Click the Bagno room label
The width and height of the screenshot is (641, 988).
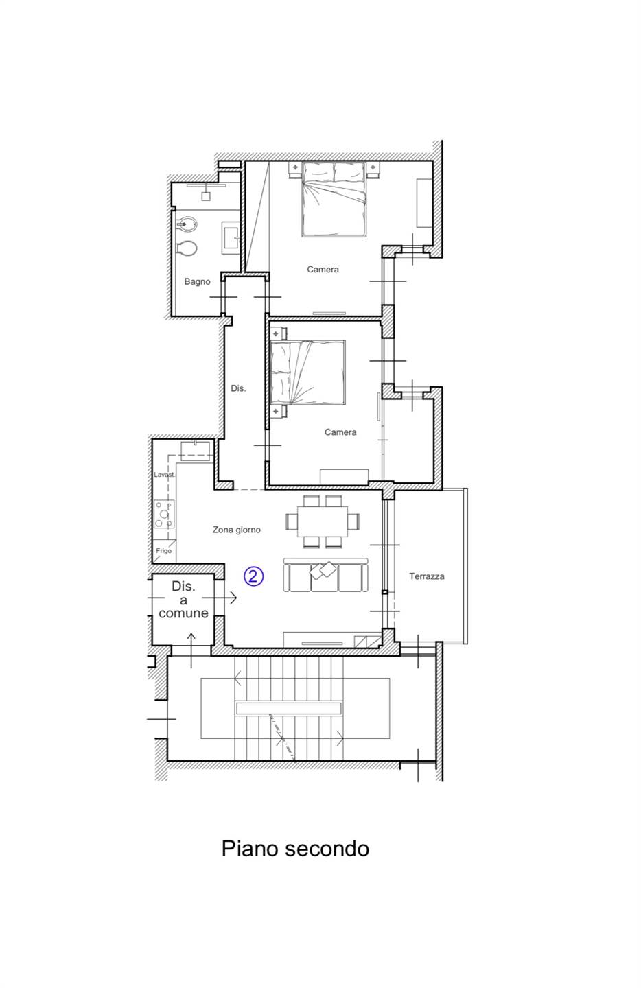click(197, 281)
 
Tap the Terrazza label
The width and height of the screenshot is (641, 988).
click(427, 576)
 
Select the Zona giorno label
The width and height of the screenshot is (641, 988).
click(237, 530)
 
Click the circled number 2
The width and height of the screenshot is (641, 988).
click(254, 576)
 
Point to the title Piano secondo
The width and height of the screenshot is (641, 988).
click(295, 848)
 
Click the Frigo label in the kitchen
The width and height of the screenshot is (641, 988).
click(163, 551)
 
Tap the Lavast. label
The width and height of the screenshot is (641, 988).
click(164, 475)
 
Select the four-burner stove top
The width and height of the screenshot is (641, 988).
click(163, 514)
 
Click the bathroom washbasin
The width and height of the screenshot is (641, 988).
click(231, 237)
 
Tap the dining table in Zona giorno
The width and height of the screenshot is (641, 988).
click(322, 521)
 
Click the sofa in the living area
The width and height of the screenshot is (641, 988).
click(325, 575)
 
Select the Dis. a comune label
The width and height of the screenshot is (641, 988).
click(183, 600)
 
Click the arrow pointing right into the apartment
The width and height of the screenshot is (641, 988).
click(219, 598)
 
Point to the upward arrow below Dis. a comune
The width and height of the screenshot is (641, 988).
click(191, 650)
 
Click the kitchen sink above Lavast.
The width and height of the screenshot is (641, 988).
click(196, 451)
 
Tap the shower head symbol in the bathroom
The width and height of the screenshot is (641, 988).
click(206, 193)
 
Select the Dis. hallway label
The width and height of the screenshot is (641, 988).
click(238, 388)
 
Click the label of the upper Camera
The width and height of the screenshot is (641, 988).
click(323, 269)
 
